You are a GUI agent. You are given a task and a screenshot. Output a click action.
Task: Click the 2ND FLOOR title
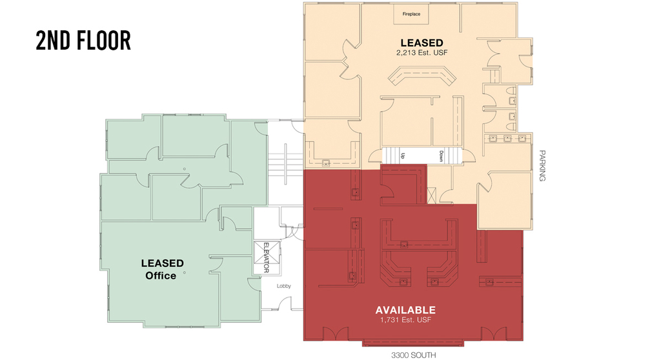(x=83, y=41)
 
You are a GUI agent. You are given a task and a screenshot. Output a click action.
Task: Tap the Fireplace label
(x=411, y=14)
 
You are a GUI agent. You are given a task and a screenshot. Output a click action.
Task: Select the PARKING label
(x=542, y=166)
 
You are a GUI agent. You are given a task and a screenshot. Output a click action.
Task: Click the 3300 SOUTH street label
(x=413, y=355)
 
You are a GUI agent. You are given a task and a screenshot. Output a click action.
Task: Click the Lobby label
(x=284, y=286)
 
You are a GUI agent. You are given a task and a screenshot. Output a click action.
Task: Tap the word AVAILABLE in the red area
(x=405, y=310)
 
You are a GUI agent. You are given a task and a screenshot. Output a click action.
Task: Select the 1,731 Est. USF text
(x=405, y=320)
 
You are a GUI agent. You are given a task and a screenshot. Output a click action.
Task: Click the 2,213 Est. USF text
(x=422, y=53)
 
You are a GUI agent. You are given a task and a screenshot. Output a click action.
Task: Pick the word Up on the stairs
(x=403, y=155)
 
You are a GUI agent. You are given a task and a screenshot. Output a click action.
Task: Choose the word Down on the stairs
(x=442, y=156)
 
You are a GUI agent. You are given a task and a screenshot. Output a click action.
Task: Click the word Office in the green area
(x=161, y=275)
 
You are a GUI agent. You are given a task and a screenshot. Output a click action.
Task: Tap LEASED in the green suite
(x=162, y=263)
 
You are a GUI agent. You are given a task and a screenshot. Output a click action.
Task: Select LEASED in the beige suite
(x=422, y=43)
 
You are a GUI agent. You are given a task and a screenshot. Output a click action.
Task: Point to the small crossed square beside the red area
(x=431, y=196)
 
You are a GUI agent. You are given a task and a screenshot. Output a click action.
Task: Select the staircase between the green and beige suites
(x=285, y=165)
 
